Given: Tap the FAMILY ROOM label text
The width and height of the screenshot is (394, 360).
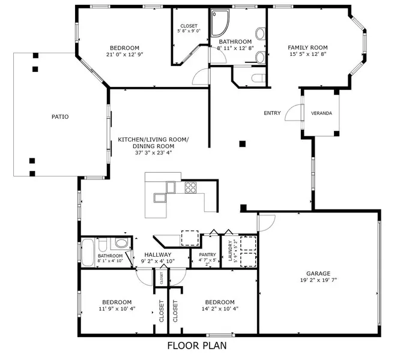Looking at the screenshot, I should point(307,47).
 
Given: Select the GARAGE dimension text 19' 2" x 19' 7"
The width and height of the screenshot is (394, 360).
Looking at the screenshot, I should point(320,280).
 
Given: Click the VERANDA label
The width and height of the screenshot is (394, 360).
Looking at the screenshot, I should point(321,113).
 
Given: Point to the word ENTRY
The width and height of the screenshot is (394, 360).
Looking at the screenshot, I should point(272,113).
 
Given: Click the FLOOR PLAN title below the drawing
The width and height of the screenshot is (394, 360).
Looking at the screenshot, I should point(196,346).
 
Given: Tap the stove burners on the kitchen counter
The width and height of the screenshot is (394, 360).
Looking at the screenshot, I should point(191,187).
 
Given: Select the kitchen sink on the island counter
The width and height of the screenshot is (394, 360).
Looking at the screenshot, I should point(160,197).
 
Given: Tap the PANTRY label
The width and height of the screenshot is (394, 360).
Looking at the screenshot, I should point(207,254).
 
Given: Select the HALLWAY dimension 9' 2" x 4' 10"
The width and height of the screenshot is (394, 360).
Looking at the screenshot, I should point(157,262).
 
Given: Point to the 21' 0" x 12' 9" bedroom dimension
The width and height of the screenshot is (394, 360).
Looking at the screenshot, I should point(124,54).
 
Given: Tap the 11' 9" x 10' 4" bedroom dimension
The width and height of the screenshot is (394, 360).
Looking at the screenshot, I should point(117,309).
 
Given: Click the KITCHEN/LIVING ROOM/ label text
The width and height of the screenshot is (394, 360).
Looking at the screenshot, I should point(153,139).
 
